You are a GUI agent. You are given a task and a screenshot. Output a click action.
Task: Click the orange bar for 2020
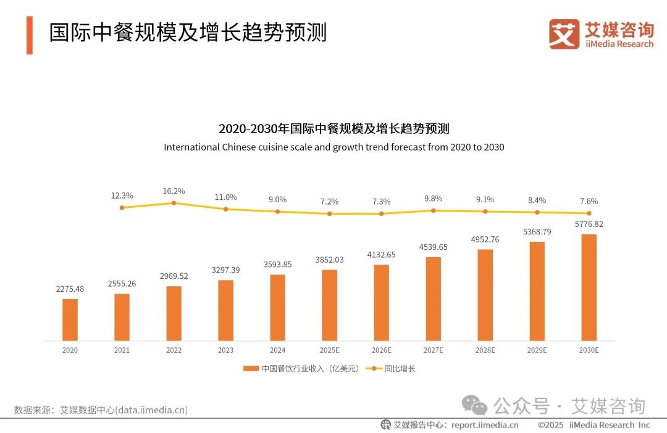pos(70,320)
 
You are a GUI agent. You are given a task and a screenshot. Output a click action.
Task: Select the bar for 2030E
pos(589,287)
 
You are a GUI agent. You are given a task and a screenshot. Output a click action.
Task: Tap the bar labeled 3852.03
pos(330,305)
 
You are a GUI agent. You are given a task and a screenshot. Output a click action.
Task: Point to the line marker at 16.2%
pos(174,203)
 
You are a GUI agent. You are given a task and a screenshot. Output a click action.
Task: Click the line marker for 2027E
pos(434,210)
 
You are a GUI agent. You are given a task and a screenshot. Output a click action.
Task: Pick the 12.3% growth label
pos(122,195)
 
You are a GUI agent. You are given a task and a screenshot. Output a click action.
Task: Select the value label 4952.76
pos(485,239)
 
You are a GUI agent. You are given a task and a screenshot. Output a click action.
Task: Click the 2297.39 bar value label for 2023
pos(226,270)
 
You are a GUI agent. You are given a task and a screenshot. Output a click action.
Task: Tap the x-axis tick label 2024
pos(278,350)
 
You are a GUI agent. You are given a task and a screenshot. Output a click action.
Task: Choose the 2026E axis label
pos(382,350)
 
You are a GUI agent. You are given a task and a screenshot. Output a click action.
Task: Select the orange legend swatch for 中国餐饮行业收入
pos(251,369)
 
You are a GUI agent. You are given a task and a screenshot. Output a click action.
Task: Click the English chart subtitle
pos(334,147)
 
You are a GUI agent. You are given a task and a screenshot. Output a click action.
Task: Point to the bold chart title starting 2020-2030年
pos(334,129)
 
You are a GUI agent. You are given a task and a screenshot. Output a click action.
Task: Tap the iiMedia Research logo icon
pos(564,34)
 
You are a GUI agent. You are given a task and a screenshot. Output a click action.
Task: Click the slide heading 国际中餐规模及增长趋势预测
pos(188,33)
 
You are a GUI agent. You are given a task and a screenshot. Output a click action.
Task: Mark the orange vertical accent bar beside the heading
pos(29,35)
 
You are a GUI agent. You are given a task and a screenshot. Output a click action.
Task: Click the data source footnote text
pos(101,410)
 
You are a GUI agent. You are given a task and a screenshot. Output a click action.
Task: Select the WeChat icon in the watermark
pos(476,406)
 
